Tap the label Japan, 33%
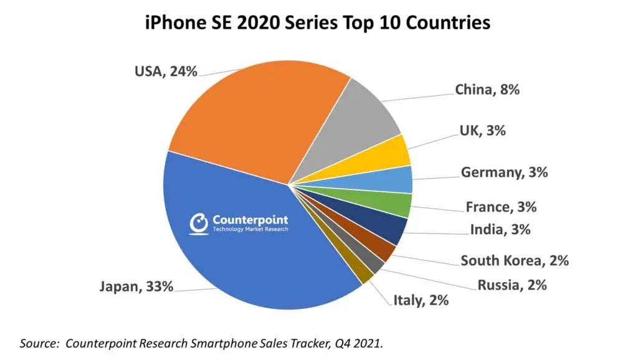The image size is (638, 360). (x=136, y=287)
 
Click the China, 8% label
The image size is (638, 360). (x=487, y=90)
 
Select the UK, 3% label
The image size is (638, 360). (x=483, y=131)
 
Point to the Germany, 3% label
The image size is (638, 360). (x=504, y=173)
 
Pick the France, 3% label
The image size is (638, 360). (x=501, y=207)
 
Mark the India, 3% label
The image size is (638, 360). (x=500, y=230)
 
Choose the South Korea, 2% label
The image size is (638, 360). (x=515, y=261)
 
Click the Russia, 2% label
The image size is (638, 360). (x=512, y=285)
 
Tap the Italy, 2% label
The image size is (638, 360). (x=421, y=301)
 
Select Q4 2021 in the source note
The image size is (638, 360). (x=358, y=343)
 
